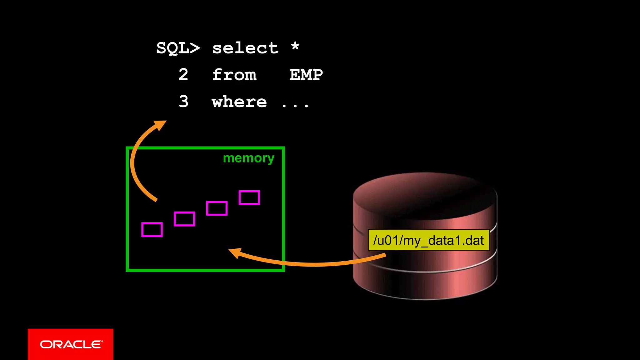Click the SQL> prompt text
[x=178, y=48]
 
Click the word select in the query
[x=245, y=48]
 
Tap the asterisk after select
[x=295, y=47]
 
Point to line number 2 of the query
[x=183, y=75]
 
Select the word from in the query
[x=234, y=75]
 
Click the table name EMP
[x=306, y=75]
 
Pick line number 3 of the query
[x=184, y=102]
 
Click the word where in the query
[x=239, y=102]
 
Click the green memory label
[x=248, y=158]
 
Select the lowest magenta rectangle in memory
[x=152, y=230]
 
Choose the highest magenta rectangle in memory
[x=249, y=197]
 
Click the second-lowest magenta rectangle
[x=184, y=219]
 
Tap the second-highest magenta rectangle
[x=217, y=208]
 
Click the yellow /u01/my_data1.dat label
[x=428, y=240]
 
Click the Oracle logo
[x=71, y=344]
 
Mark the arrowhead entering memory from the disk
[x=235, y=252]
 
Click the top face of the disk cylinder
[x=425, y=194]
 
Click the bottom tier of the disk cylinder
[x=425, y=283]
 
